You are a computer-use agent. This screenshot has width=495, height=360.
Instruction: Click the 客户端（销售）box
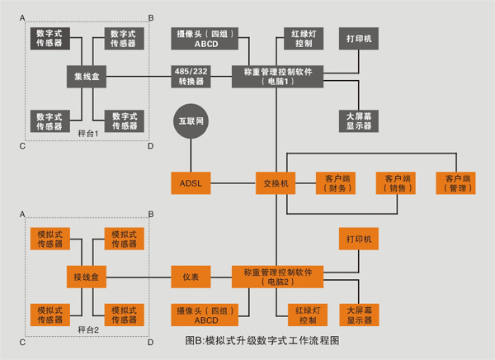pyautogui.click(x=395, y=182)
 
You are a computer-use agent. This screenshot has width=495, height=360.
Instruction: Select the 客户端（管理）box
pyautogui.click(x=458, y=182)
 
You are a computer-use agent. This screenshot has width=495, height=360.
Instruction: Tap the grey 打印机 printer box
pyautogui.click(x=359, y=39)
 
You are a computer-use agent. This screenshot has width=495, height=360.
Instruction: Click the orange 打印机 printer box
pyautogui.click(x=359, y=239)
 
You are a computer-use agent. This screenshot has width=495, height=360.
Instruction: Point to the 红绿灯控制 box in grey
pyautogui.click(x=303, y=39)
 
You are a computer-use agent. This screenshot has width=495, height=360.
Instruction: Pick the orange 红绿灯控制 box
pyautogui.click(x=303, y=314)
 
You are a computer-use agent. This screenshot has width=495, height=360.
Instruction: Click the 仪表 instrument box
pyautogui.click(x=191, y=277)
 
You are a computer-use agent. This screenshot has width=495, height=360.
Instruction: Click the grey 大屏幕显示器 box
pyautogui.click(x=359, y=121)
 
